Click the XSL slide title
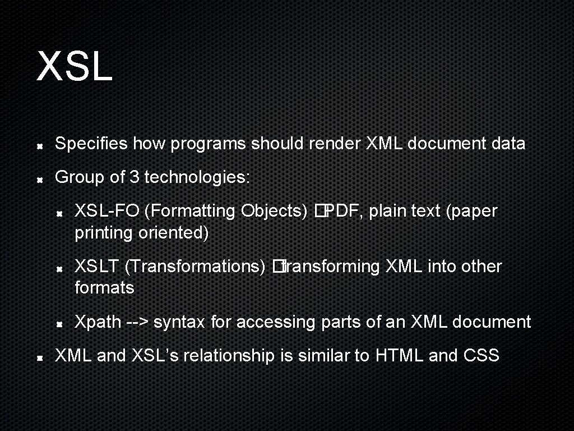75,66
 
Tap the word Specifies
91,144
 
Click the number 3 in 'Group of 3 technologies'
134,177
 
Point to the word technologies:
197,177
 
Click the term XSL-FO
107,211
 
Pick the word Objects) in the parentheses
275,211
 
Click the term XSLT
97,267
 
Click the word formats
104,288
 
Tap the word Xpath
98,322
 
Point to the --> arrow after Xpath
137,322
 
